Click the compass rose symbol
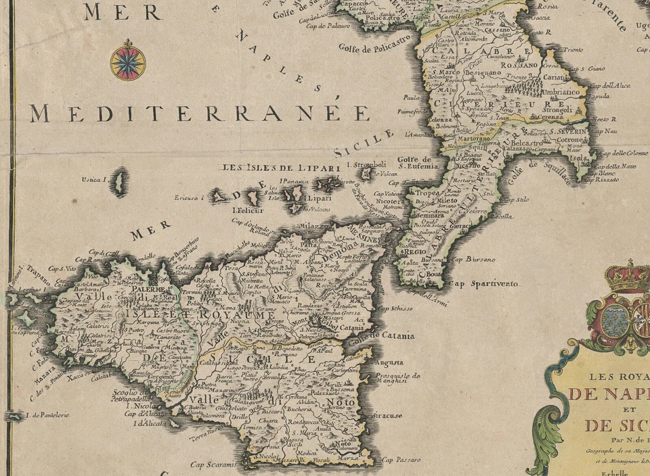point(128,59)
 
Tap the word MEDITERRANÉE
point(200,113)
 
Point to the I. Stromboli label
point(366,164)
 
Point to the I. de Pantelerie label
point(47,414)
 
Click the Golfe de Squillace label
point(540,173)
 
